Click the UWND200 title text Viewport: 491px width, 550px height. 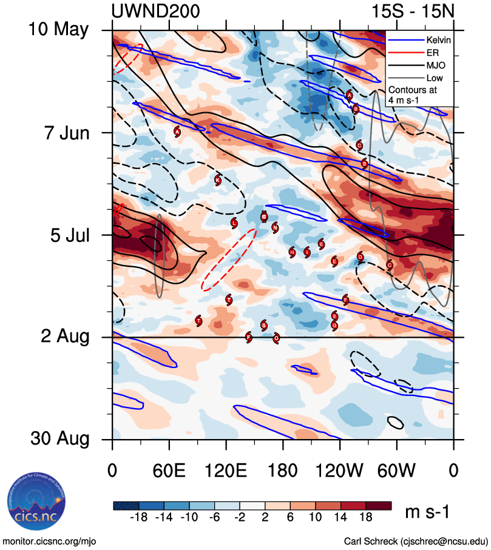tap(155, 12)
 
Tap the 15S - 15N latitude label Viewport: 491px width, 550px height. tap(413, 12)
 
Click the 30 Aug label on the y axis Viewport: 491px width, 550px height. tap(61, 439)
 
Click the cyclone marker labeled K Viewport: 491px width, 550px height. tap(218, 179)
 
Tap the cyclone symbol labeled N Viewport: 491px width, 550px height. tap(275, 228)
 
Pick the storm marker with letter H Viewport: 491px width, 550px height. tap(292, 252)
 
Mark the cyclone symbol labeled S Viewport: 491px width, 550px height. tap(263, 326)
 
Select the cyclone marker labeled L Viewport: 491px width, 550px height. tap(234, 223)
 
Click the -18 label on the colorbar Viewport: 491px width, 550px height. tap(141, 517)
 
